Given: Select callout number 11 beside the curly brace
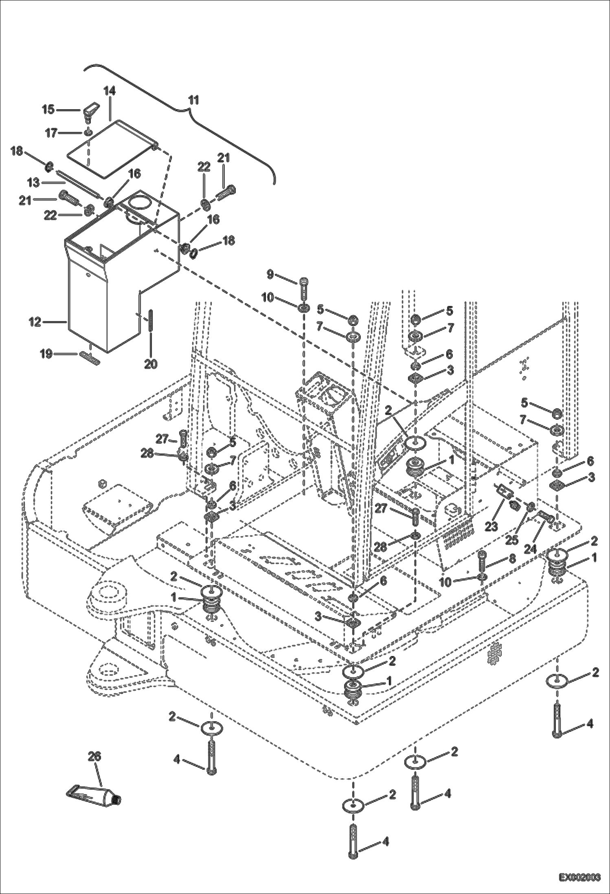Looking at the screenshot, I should [194, 100].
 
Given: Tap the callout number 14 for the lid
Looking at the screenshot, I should [109, 91].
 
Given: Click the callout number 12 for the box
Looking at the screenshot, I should [35, 322].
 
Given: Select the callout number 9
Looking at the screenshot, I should [270, 275].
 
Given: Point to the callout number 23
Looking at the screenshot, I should [491, 526].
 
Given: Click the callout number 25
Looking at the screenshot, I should [511, 540].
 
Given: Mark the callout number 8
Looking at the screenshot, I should [512, 558].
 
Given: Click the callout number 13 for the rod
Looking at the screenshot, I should [33, 183].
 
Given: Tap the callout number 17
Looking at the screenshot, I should [51, 133].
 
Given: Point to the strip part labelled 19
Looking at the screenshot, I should [90, 355].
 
